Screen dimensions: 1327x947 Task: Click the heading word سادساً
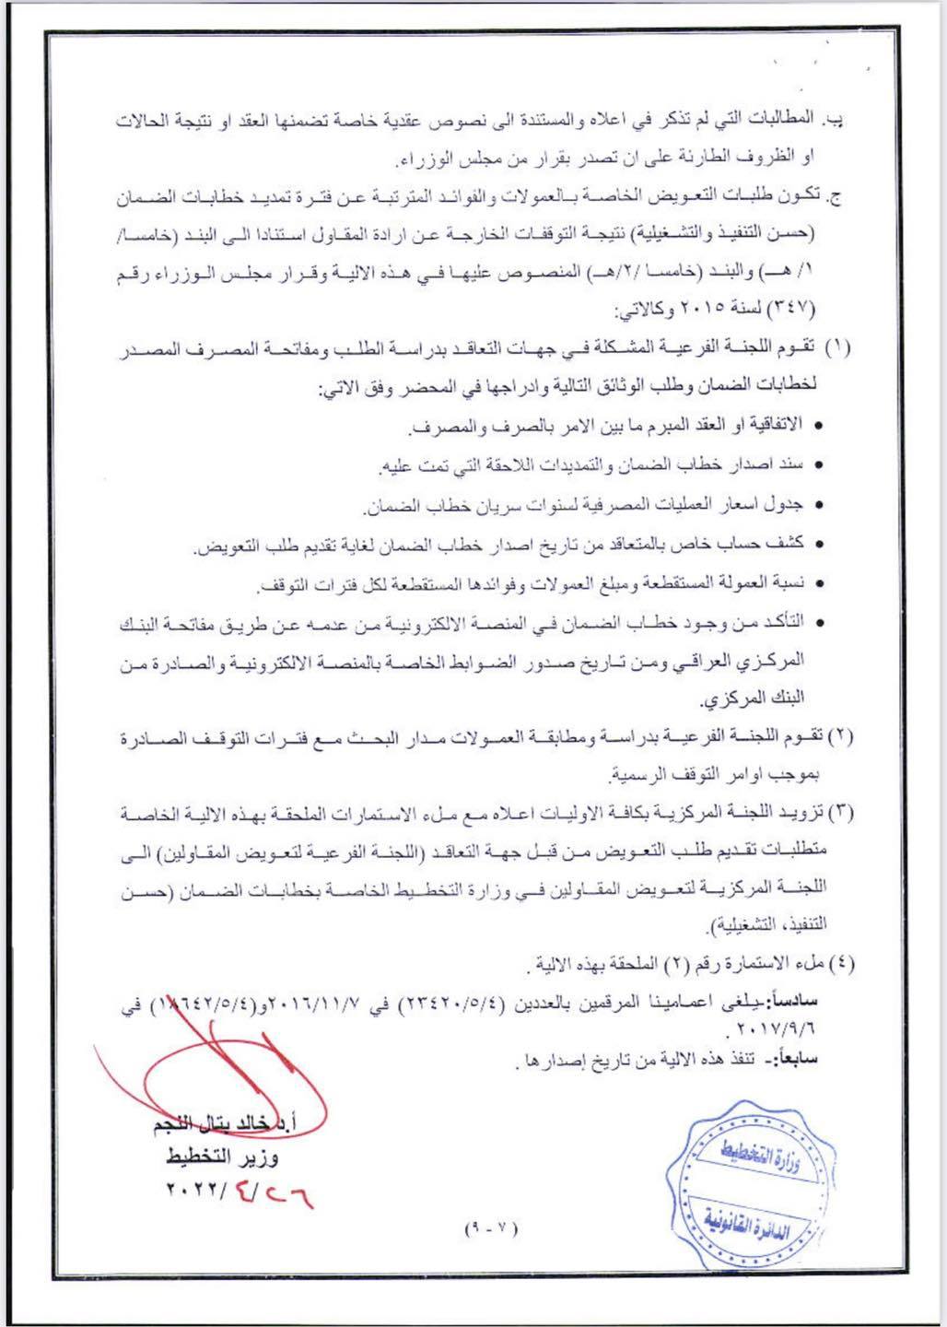(792, 1001)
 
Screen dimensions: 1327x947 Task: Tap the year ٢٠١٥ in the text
(714, 305)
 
